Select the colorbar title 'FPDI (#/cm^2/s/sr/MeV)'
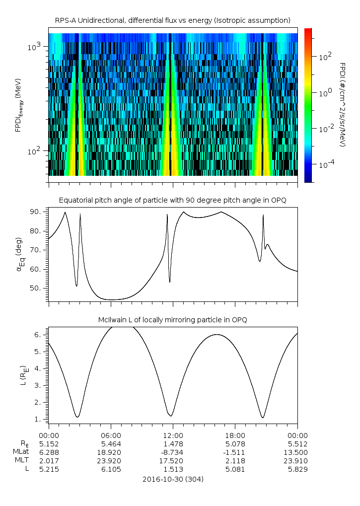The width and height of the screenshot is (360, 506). pos(343,105)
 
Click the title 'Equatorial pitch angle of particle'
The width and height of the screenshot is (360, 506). pos(172,200)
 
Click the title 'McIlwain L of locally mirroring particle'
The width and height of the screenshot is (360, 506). pos(172,320)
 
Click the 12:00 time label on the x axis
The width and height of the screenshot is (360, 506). pos(173,434)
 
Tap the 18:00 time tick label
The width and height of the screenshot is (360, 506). pos(235,434)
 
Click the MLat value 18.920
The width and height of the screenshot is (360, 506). pos(111,452)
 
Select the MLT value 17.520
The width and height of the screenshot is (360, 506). pos(173,461)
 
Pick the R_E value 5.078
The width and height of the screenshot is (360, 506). pos(235,443)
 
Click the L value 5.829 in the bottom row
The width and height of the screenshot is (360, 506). pos(297,470)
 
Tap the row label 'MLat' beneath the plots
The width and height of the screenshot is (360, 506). pos(22,452)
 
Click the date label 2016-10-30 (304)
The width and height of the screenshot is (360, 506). pos(172,480)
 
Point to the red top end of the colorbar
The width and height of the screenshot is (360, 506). pos(308,30)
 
